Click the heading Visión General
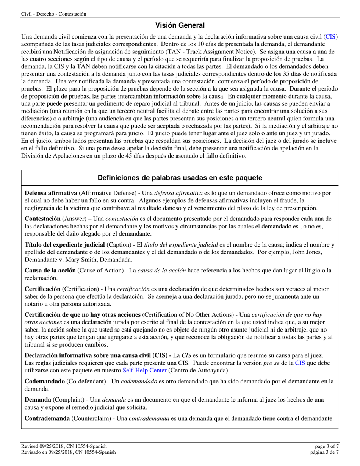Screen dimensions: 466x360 pos(180,25)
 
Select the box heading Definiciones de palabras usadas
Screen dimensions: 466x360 pos(180,178)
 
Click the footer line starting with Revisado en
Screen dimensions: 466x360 pos(69,452)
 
